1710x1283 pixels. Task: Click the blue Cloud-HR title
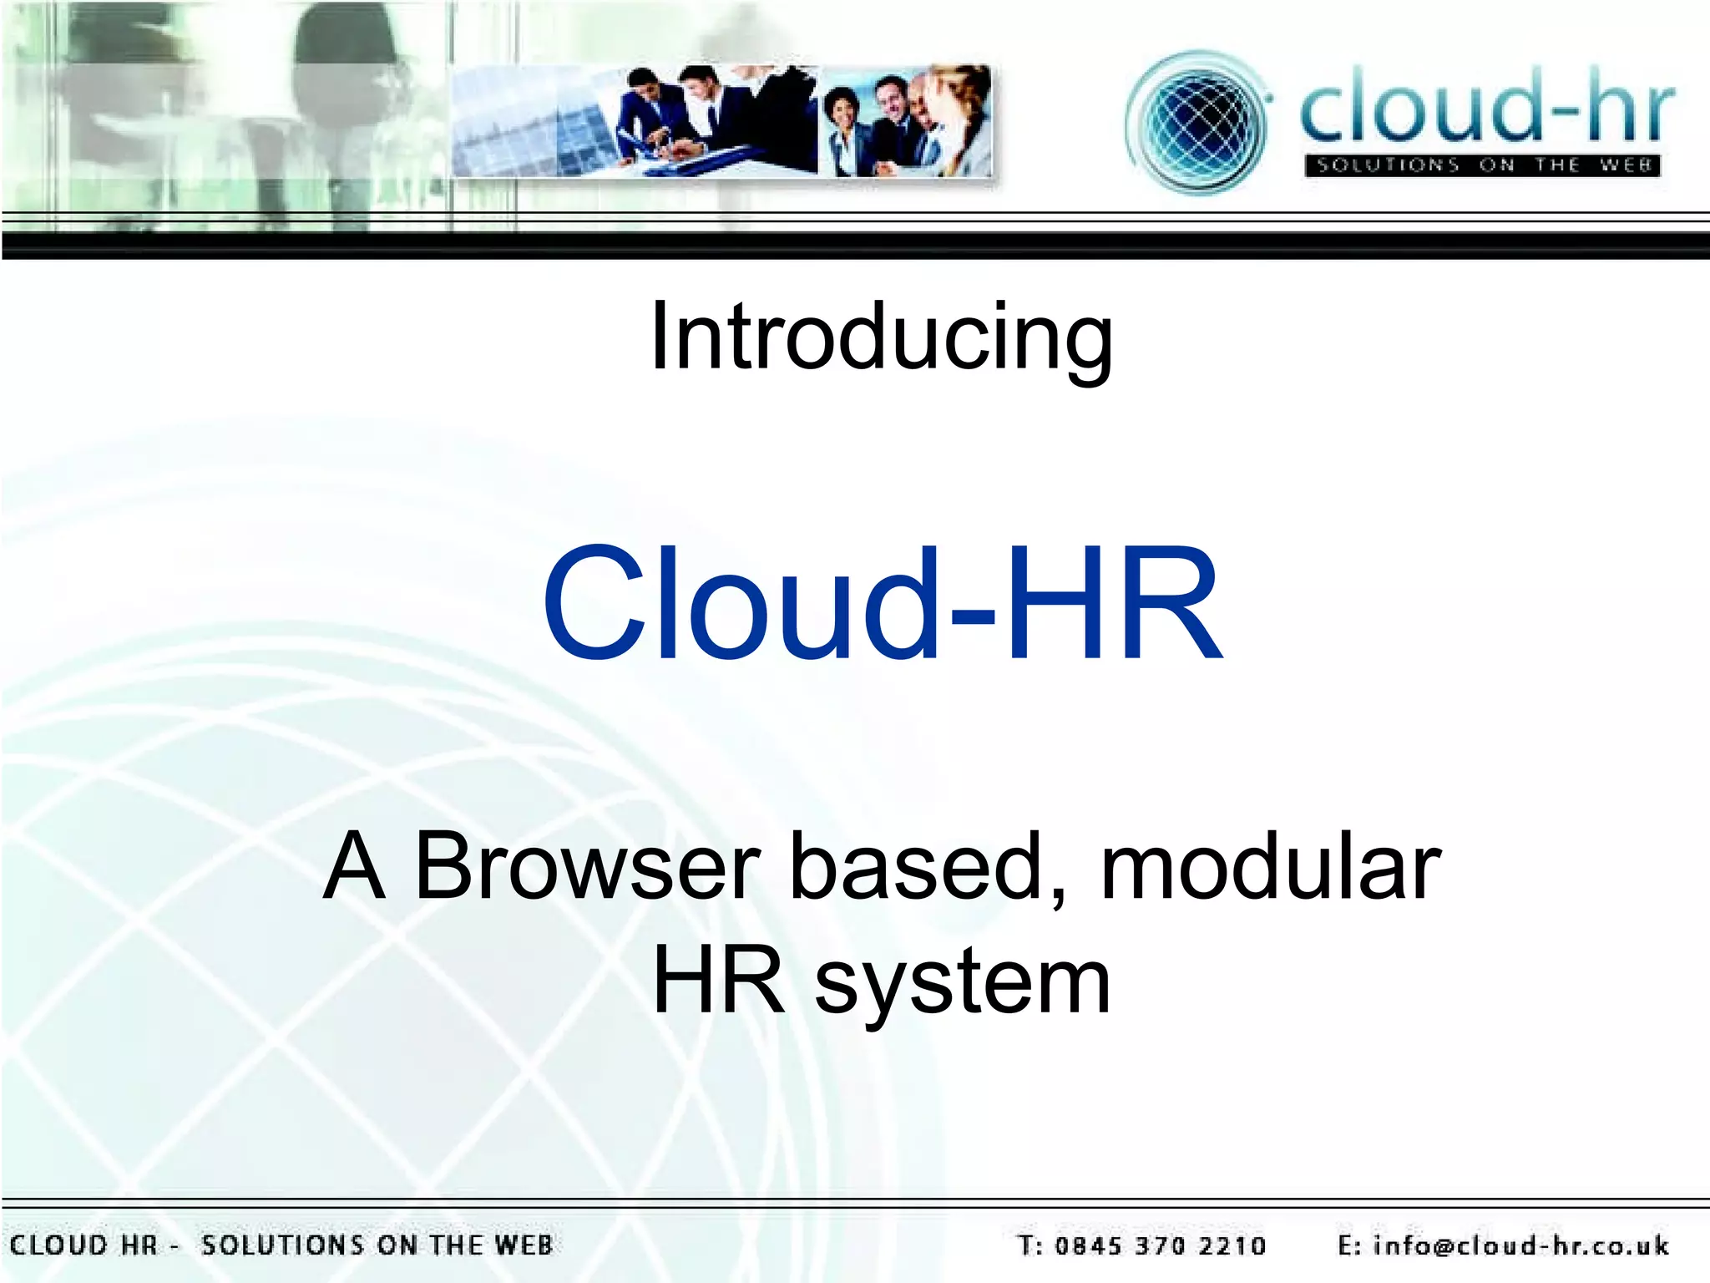(x=883, y=603)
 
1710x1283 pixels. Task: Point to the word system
(x=962, y=983)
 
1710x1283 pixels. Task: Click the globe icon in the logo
(x=1198, y=123)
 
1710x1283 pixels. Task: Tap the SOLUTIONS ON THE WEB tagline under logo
(x=1483, y=165)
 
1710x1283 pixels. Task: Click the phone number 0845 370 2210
(x=1161, y=1246)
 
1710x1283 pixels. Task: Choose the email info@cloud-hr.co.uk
(x=1520, y=1246)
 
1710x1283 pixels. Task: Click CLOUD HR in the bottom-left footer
(x=83, y=1245)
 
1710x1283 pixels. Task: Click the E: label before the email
(x=1349, y=1246)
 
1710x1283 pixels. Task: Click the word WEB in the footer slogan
(x=524, y=1245)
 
